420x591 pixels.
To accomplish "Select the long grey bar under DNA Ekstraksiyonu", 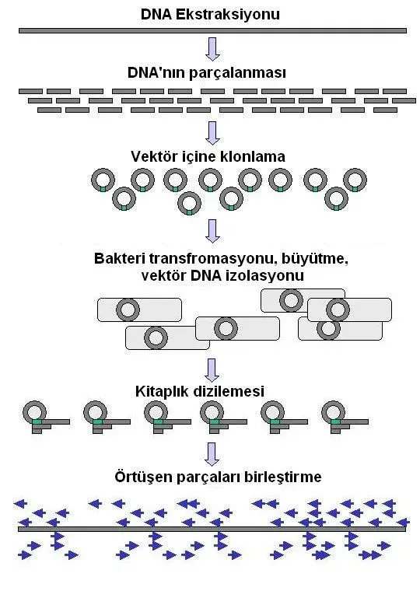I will [x=212, y=30].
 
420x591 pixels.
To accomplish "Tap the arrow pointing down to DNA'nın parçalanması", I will [x=212, y=49].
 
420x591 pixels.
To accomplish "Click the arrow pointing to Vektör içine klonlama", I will [x=212, y=131].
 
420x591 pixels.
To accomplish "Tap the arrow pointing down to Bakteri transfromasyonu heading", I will [x=212, y=229].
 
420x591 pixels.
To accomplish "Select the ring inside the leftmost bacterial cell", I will [x=128, y=309].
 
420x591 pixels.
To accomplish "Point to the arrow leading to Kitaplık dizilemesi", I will [x=212, y=369].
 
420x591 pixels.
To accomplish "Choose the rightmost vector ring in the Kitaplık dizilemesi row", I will [x=333, y=411].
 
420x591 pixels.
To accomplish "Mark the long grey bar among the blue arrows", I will [x=212, y=529].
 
